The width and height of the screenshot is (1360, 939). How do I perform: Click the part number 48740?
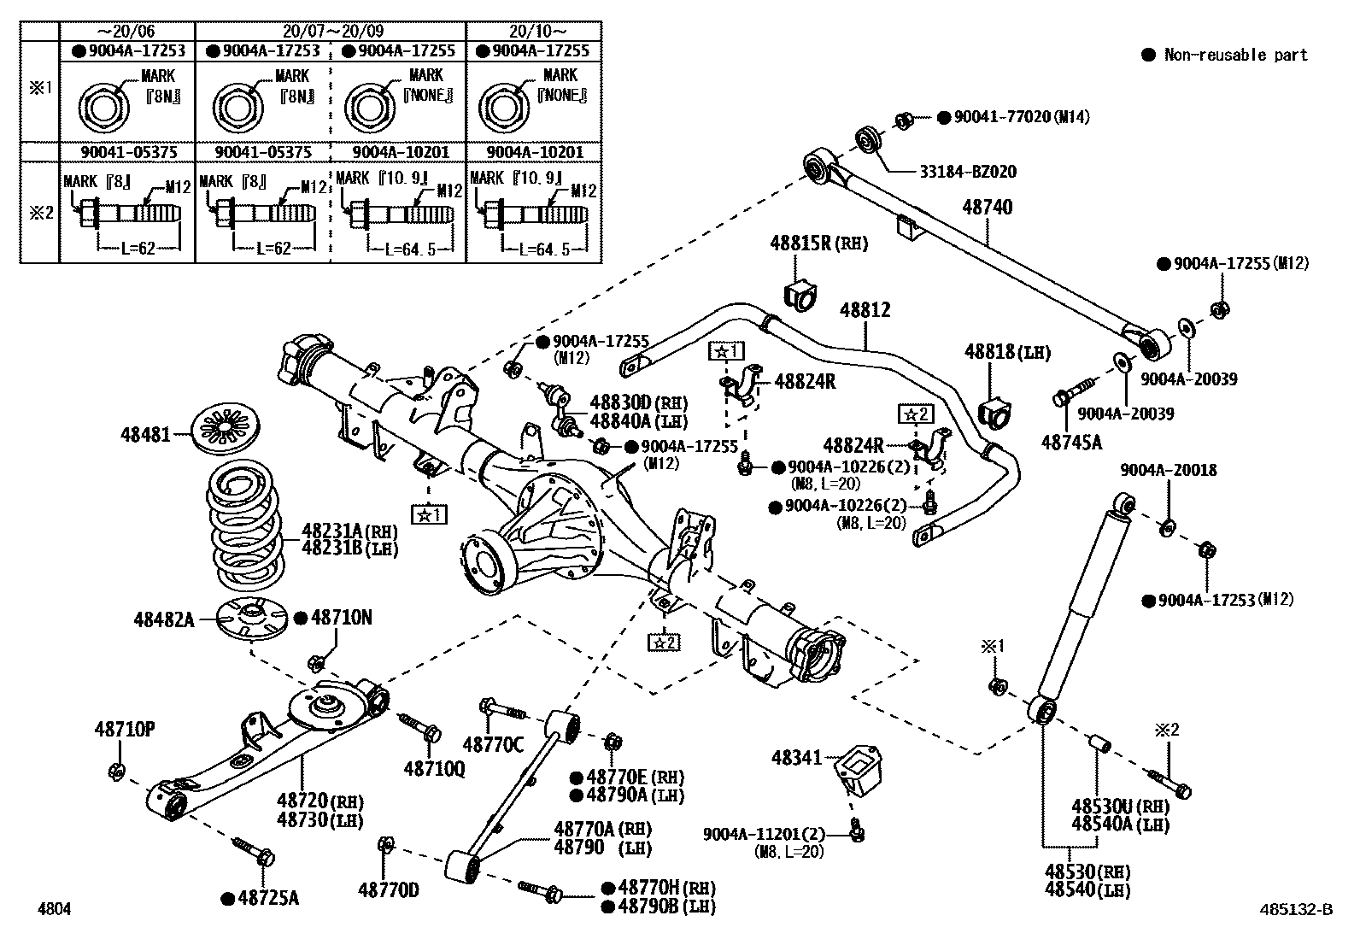point(988,208)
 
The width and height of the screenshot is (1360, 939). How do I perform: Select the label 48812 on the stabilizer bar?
point(865,310)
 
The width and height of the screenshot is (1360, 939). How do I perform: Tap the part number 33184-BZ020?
point(968,172)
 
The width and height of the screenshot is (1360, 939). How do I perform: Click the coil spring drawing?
point(245,527)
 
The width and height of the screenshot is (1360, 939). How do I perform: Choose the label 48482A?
point(163,619)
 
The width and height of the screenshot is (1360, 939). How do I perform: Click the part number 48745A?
point(1071,442)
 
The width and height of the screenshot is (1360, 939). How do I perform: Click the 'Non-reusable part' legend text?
point(1235,55)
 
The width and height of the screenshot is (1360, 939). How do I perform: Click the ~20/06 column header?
point(126,32)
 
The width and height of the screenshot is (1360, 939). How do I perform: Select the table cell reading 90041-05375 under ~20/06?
point(127,152)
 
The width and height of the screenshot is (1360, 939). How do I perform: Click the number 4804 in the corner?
point(53,909)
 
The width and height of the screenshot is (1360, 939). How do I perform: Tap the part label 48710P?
point(124,729)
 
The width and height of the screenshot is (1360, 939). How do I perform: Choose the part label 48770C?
point(493,744)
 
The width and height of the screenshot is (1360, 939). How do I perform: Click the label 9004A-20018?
point(1169,470)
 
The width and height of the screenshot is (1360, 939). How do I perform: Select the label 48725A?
point(268,898)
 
